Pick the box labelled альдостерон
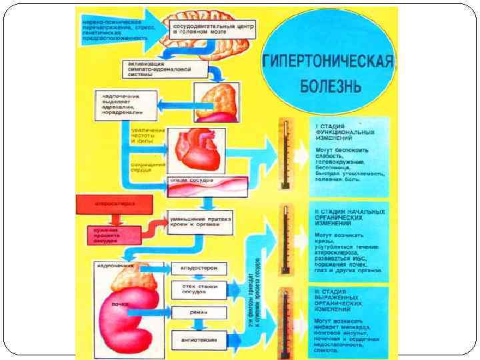199,268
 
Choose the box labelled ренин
199,311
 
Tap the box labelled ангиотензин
199,338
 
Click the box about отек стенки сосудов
199,289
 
